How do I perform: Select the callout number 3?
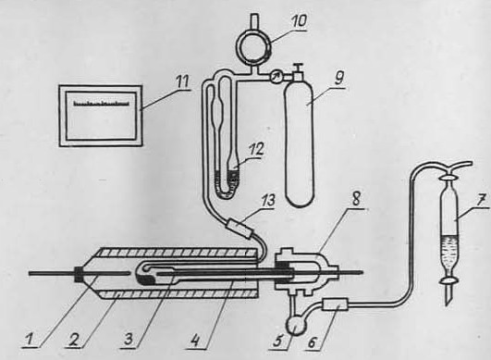(129, 340)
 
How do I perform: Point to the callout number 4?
(195, 341)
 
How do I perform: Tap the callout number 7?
(482, 199)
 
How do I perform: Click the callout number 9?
(338, 78)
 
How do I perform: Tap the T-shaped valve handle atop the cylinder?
(298, 68)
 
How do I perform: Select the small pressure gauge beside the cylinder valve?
(276, 77)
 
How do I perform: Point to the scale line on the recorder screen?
(102, 103)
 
